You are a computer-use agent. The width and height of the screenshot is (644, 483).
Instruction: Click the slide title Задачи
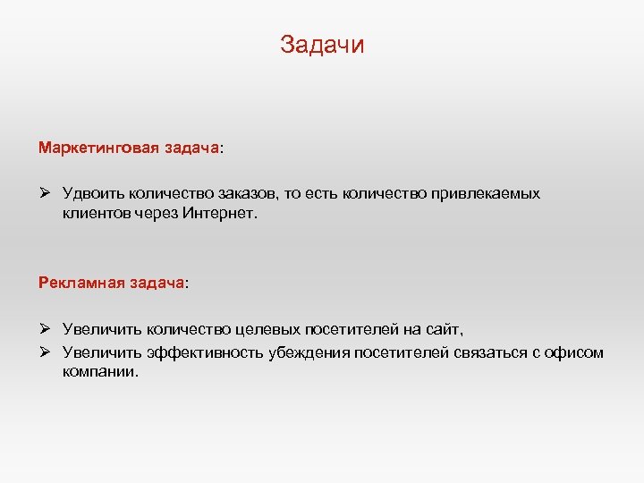[x=322, y=45]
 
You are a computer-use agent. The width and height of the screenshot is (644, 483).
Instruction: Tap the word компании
[x=101, y=371]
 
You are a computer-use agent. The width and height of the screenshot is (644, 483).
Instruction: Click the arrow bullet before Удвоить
[x=45, y=193]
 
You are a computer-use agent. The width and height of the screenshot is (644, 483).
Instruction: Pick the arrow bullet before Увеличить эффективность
[x=45, y=352]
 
